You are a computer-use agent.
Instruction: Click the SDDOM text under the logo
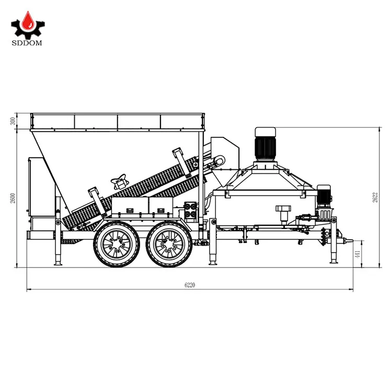(27, 42)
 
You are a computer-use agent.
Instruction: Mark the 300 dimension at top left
(13, 121)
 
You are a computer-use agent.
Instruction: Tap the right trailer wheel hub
(168, 244)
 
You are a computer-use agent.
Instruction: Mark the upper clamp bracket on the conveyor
(179, 156)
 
